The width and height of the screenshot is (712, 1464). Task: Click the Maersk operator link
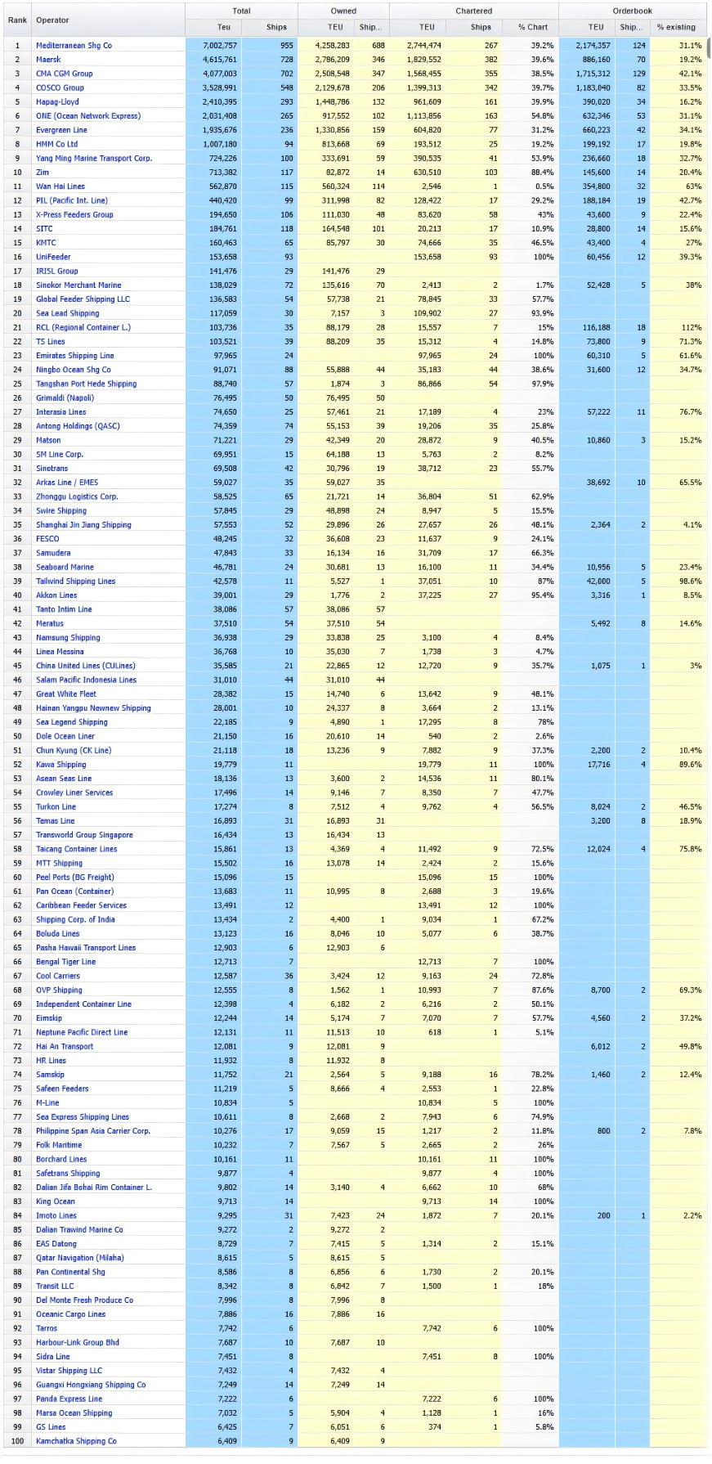pyautogui.click(x=48, y=60)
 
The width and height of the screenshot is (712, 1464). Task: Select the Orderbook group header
pyautogui.click(x=632, y=11)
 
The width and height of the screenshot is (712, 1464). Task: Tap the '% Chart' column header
pyautogui.click(x=532, y=27)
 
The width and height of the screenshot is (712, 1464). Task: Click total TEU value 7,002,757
pyautogui.click(x=220, y=46)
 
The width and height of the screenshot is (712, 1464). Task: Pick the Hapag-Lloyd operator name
pyautogui.click(x=57, y=102)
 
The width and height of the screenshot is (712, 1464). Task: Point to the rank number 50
pyautogui.click(x=17, y=736)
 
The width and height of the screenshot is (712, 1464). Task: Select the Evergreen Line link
pyautogui.click(x=61, y=130)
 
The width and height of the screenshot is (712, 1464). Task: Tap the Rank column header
pyautogui.click(x=17, y=20)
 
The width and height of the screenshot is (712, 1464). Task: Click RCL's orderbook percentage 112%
pyautogui.click(x=692, y=327)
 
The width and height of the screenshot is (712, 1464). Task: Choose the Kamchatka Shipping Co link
pyautogui.click(x=76, y=1441)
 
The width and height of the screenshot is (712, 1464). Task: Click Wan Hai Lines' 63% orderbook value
pyautogui.click(x=693, y=186)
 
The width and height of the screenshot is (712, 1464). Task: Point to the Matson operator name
pyautogui.click(x=48, y=440)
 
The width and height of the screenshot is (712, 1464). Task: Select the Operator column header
pyautogui.click(x=52, y=20)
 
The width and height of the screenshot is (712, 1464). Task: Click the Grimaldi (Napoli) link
pyautogui.click(x=65, y=398)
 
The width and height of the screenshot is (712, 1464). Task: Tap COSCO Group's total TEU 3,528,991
pyautogui.click(x=220, y=88)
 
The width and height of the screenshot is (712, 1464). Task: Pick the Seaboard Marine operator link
pyautogui.click(x=65, y=567)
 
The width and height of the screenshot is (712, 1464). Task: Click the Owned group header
pyautogui.click(x=343, y=11)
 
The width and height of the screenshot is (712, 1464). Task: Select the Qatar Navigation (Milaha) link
pyautogui.click(x=80, y=1258)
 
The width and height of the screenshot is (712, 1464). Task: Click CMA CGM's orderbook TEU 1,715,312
pyautogui.click(x=593, y=74)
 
